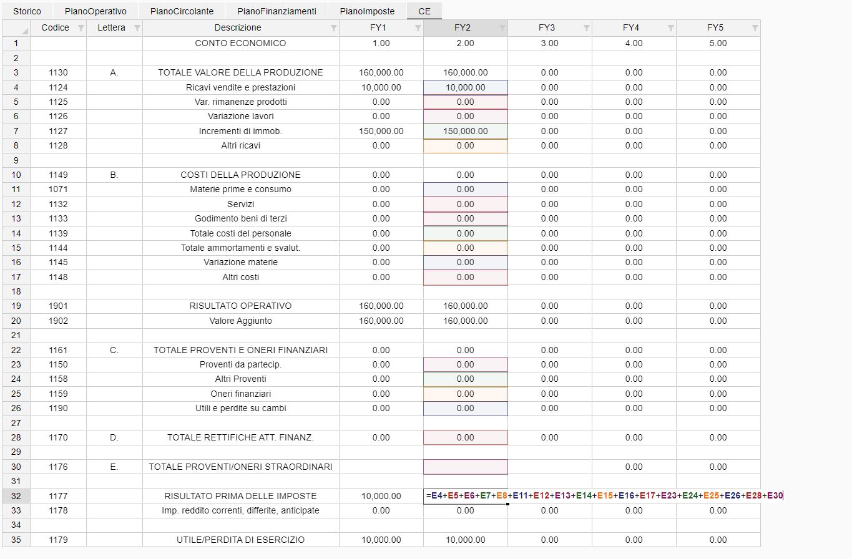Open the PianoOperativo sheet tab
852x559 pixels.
pyautogui.click(x=95, y=11)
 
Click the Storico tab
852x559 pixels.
pyautogui.click(x=27, y=11)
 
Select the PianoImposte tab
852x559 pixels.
pyautogui.click(x=367, y=11)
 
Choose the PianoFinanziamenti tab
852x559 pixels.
pyautogui.click(x=277, y=11)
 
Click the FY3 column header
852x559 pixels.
pyautogui.click(x=546, y=27)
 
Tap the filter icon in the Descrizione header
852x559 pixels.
pyautogui.click(x=333, y=28)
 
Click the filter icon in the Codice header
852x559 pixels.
pyautogui.click(x=81, y=28)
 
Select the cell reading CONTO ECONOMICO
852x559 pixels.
pyautogui.click(x=240, y=43)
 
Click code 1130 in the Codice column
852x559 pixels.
pyautogui.click(x=58, y=72)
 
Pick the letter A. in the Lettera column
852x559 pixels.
pyautogui.click(x=114, y=72)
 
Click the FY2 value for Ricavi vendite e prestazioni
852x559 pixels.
pyautogui.click(x=465, y=87)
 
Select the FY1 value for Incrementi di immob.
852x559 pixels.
pyautogui.click(x=381, y=131)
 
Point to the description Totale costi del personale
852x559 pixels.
pyautogui.click(x=240, y=233)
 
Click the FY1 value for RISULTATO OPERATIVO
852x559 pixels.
pyautogui.click(x=381, y=306)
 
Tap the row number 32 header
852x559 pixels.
pyautogui.click(x=16, y=496)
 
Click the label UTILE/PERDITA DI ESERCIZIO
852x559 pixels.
pyautogui.click(x=240, y=540)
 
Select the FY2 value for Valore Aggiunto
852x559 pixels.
pyautogui.click(x=465, y=321)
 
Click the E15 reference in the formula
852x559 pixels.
pyautogui.click(x=604, y=496)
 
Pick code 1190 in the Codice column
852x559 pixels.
pyautogui.click(x=58, y=408)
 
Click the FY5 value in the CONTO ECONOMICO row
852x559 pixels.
pyautogui.click(x=718, y=43)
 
